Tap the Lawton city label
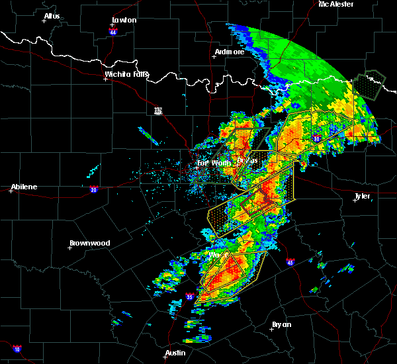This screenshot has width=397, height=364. click(124, 20)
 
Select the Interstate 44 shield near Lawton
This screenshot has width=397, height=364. click(113, 31)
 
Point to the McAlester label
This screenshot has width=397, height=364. click(335, 4)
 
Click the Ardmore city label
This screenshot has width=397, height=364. click(230, 51)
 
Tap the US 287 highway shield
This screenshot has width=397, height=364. click(157, 111)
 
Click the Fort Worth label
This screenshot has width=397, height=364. click(212, 163)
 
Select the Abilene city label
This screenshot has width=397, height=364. click(23, 187)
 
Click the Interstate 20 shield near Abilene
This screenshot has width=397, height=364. click(94, 189)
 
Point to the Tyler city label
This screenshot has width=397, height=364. click(362, 196)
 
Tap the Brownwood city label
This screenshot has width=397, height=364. click(89, 243)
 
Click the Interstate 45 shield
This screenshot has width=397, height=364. click(290, 262)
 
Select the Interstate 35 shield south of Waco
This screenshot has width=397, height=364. click(190, 296)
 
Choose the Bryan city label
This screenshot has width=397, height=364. click(282, 324)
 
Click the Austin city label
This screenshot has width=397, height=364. click(175, 353)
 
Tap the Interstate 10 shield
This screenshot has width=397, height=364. click(17, 349)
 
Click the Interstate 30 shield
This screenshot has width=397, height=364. click(317, 138)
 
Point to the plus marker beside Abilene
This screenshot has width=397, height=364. click(11, 191)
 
